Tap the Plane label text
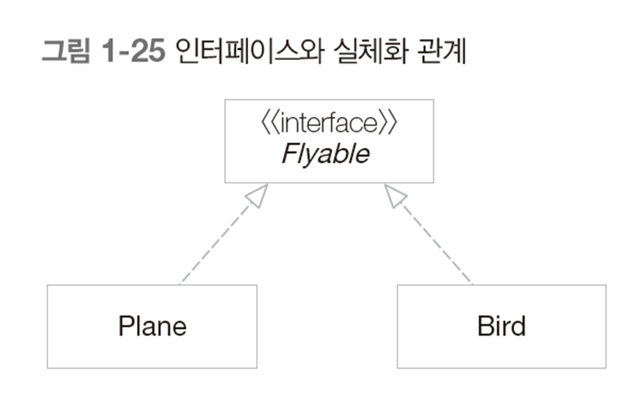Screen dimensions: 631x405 [152, 325]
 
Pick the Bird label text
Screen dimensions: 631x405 [501, 325]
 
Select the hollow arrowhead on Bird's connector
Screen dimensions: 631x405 [395, 195]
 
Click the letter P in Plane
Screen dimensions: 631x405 [124, 325]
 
